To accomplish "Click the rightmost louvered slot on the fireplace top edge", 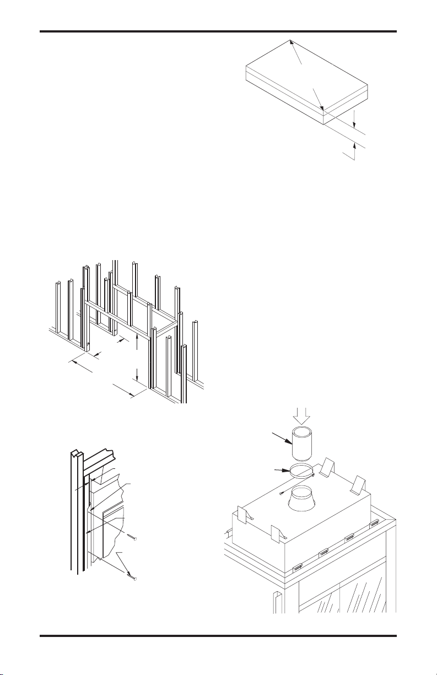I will (x=376, y=522).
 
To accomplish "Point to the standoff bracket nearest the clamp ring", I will (x=329, y=466).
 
